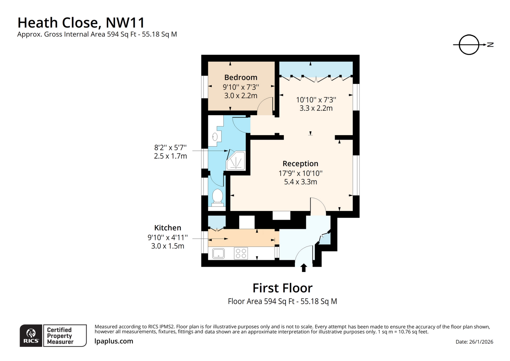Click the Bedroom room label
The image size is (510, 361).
pos(241,77)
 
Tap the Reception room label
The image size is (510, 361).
pos(300,164)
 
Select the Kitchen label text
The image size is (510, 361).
pos(167,228)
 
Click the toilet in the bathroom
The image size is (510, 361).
pos(217,197)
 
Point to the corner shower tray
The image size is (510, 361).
pos(236,161)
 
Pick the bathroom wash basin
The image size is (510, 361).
pos(215,137)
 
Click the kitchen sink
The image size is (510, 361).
pos(218,253)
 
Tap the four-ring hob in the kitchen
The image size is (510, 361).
pos(241,253)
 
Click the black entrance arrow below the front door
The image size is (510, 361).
pos(303,268)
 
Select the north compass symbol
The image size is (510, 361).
pos(469,45)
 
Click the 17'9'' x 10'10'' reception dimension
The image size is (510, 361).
pos(300,173)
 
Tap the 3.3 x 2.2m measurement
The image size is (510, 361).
pos(316,108)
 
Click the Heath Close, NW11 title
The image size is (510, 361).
pos(81,23)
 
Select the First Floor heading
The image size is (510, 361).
pos(282,288)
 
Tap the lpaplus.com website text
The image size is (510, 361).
pos(114,341)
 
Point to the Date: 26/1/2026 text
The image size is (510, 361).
pos(474,342)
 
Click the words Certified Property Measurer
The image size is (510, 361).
pos(60,336)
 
